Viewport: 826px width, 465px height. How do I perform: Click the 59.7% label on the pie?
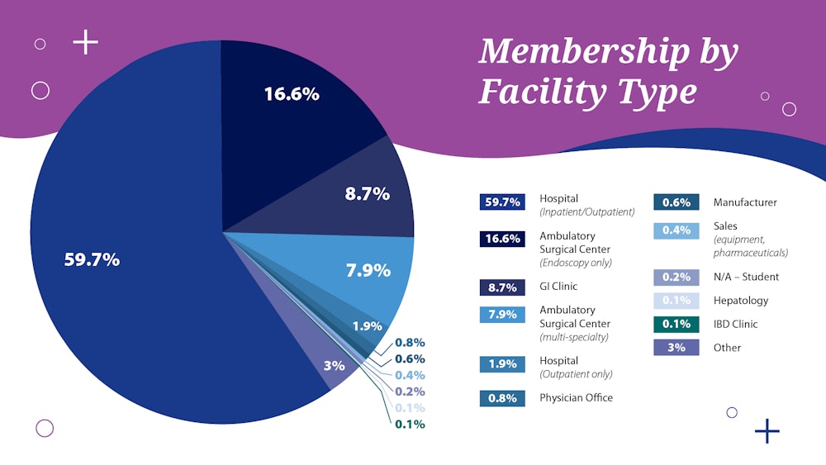(92, 259)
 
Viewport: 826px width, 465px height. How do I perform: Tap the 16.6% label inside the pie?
(292, 94)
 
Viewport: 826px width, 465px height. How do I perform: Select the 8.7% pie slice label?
(367, 194)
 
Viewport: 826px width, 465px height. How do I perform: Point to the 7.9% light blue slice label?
(368, 270)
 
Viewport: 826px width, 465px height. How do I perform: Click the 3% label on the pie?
(334, 364)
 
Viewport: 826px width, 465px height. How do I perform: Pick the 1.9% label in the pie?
(367, 325)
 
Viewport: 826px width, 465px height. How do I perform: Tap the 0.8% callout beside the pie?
(410, 342)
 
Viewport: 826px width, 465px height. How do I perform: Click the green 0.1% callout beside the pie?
(410, 424)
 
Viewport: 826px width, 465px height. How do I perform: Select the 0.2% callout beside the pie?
(410, 391)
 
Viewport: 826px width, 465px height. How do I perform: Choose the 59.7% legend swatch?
(502, 202)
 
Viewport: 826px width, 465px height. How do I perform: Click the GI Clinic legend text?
(558, 287)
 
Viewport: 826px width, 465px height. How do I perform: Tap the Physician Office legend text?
(576, 397)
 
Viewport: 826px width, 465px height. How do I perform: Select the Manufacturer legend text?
(745, 202)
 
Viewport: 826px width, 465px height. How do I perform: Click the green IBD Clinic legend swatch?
(676, 324)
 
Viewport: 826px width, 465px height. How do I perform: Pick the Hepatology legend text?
(740, 301)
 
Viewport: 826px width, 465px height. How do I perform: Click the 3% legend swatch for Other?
(676, 347)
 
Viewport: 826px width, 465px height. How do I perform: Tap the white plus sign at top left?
(86, 42)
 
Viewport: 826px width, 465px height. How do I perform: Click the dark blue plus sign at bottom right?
(767, 430)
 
